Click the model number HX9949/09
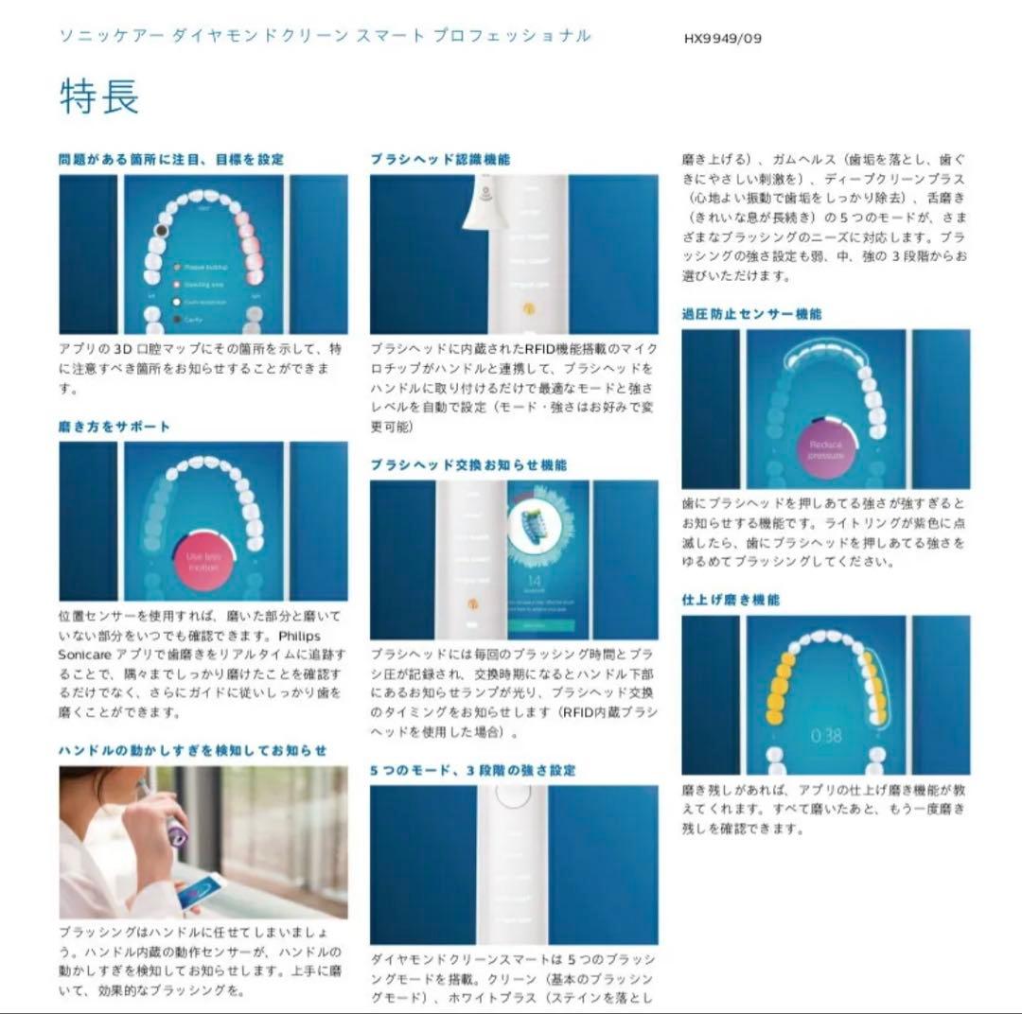pyautogui.click(x=723, y=39)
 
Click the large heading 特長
pyautogui.click(x=99, y=96)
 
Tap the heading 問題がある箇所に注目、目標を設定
pyautogui.click(x=171, y=160)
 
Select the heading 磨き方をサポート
pyautogui.click(x=115, y=427)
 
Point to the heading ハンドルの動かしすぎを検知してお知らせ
pyautogui.click(x=193, y=750)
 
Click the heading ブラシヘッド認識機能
pyautogui.click(x=440, y=160)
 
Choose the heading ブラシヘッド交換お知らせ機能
pyautogui.click(x=468, y=465)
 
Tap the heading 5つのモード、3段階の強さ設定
pyautogui.click(x=472, y=771)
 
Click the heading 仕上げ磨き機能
pyautogui.click(x=731, y=600)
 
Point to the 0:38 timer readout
pyautogui.click(x=826, y=734)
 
